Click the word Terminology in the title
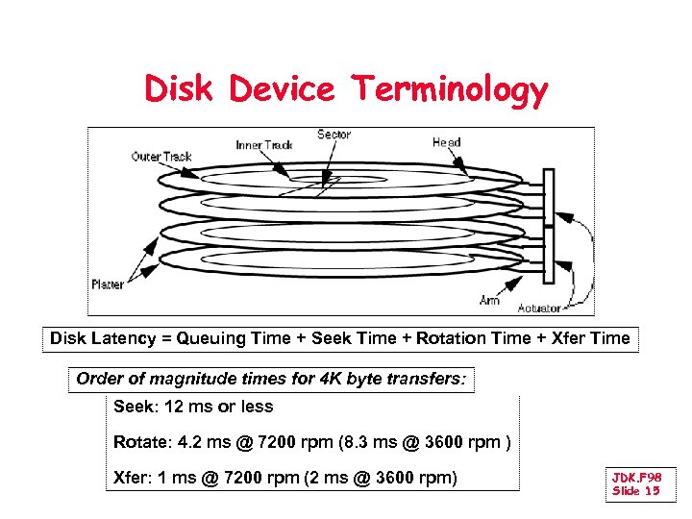pyautogui.click(x=450, y=89)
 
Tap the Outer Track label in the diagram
pyautogui.click(x=161, y=157)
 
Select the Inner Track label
pyautogui.click(x=264, y=145)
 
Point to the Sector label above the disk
pyautogui.click(x=334, y=135)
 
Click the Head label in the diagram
pyautogui.click(x=446, y=142)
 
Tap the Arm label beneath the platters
pyautogui.click(x=489, y=300)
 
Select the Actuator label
pyautogui.click(x=539, y=309)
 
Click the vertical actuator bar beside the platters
pyautogui.click(x=549, y=226)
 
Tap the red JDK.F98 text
pyautogui.click(x=636, y=478)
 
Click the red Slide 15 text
pyautogui.click(x=635, y=491)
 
